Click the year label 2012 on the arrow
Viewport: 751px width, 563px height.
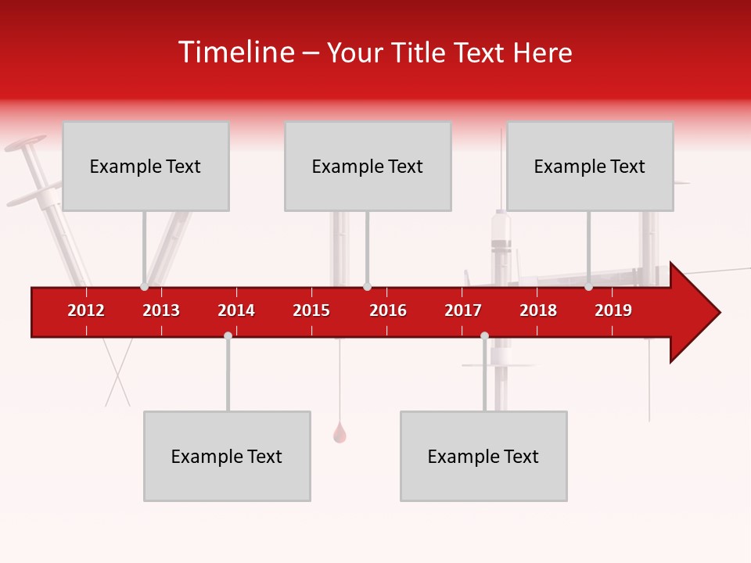tap(86, 310)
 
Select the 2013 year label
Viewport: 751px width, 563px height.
tap(161, 310)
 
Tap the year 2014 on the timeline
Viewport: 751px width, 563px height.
tap(236, 310)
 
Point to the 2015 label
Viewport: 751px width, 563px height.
tap(311, 310)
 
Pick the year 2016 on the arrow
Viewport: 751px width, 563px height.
tap(388, 310)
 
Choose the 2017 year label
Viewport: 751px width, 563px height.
tap(463, 310)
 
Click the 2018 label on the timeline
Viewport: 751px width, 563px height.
tap(538, 310)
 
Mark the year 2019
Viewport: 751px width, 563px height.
tap(613, 310)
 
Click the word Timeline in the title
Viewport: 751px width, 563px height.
tap(235, 52)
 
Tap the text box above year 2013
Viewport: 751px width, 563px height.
tap(146, 166)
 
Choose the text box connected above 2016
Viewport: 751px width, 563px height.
tap(368, 166)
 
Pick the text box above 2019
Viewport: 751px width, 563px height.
tap(590, 166)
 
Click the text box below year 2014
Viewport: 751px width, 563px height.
tap(227, 456)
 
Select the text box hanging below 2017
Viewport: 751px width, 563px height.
tap(483, 456)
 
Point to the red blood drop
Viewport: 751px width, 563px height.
tap(340, 433)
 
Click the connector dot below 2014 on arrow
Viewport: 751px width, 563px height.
tap(228, 335)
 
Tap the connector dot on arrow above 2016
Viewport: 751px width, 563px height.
tap(367, 286)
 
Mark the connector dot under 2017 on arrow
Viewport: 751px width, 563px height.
tap(484, 335)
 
